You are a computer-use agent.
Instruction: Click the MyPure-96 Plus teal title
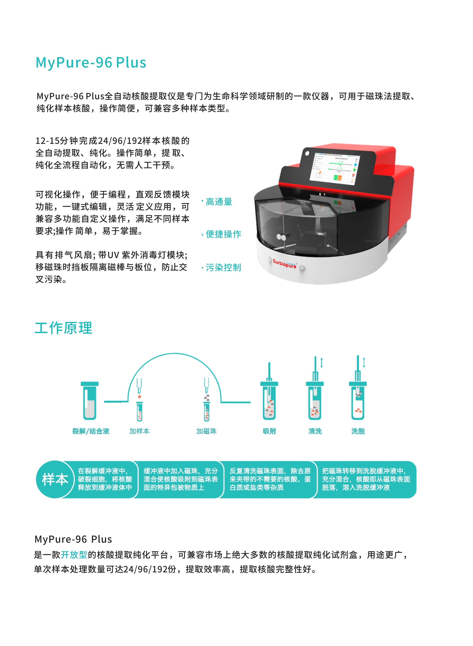(91, 63)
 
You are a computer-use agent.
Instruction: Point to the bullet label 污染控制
(223, 267)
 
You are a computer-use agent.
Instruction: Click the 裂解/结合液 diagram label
(91, 431)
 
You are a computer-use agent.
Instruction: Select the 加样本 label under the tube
(139, 431)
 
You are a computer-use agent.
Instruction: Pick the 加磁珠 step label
(207, 431)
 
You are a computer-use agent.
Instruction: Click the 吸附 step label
(270, 431)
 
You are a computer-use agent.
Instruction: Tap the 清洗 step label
(315, 431)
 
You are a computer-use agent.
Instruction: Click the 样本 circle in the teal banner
(55, 479)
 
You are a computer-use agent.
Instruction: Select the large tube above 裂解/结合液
(90, 401)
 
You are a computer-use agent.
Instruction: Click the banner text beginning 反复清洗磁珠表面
(270, 479)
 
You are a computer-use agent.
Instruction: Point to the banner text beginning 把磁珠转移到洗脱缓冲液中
(366, 479)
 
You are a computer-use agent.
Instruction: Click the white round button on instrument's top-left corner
(307, 153)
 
